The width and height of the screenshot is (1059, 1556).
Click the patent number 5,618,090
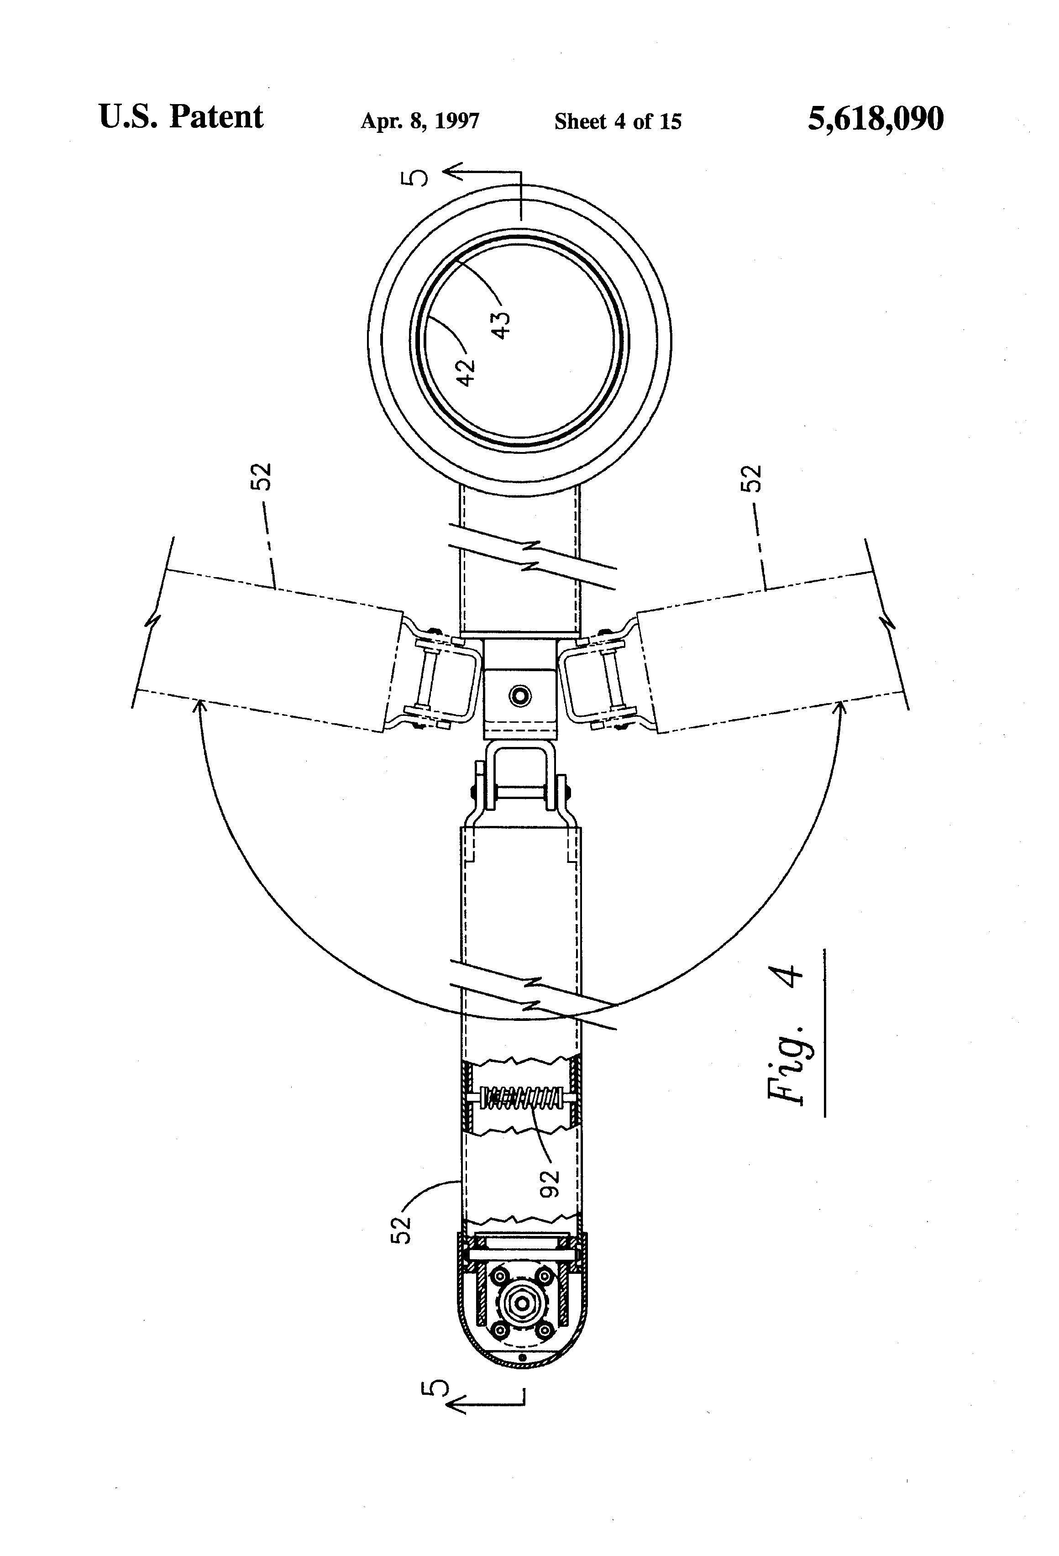(x=876, y=119)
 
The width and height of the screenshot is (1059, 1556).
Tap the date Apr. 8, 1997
(x=419, y=121)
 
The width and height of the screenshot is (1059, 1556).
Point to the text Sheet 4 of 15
(x=618, y=121)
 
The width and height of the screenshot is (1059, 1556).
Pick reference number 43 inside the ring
(x=501, y=326)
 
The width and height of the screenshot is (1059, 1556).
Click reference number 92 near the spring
(x=549, y=1184)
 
